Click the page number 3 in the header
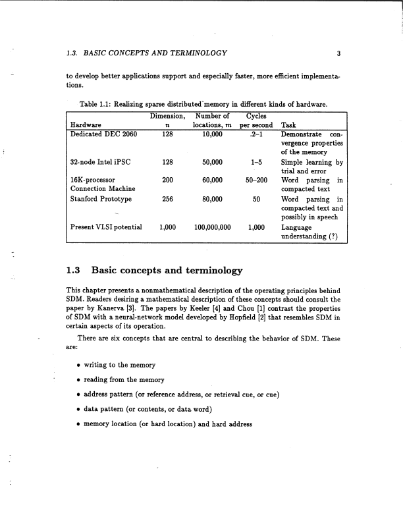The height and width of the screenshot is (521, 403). coord(337,53)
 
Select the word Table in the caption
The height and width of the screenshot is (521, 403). coord(87,103)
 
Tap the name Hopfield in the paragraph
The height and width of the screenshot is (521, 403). coord(260,317)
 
